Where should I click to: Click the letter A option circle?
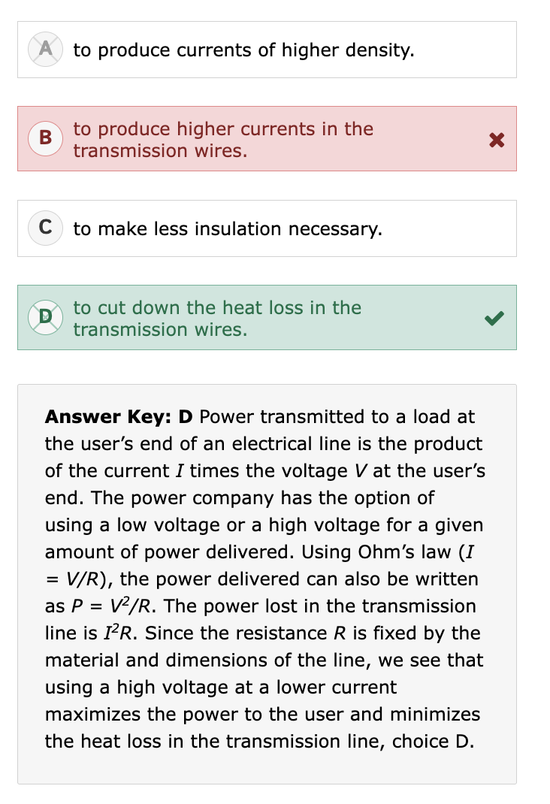point(44,50)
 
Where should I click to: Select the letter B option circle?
point(44,139)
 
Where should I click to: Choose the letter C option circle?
point(44,228)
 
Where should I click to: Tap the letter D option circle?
point(44,318)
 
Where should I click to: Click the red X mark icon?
point(494,140)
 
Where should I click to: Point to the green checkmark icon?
point(494,319)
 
